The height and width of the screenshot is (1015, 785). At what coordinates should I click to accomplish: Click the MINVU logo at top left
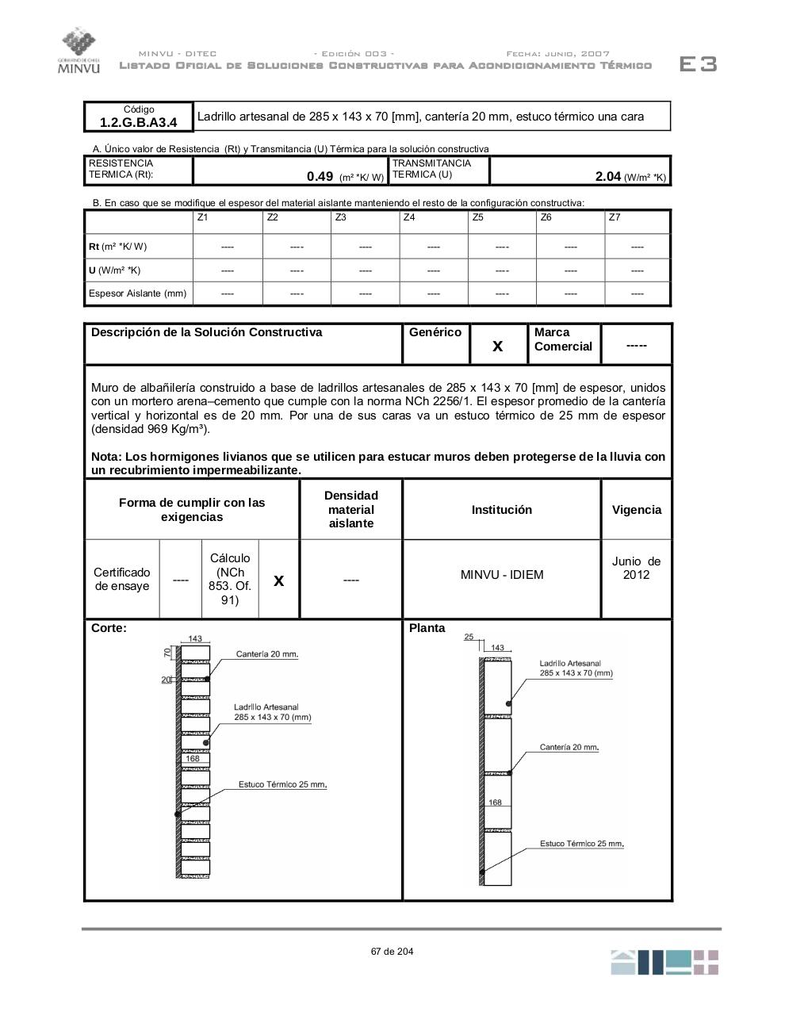[x=78, y=51]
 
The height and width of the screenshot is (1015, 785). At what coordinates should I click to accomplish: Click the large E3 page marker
[x=698, y=64]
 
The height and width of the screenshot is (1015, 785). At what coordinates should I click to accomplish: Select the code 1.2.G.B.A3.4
[x=138, y=122]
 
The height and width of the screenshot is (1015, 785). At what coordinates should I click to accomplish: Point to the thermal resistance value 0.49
[x=320, y=177]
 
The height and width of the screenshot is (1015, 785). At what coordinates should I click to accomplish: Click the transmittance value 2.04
[x=607, y=177]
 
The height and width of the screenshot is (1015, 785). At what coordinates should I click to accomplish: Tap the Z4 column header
[x=409, y=217]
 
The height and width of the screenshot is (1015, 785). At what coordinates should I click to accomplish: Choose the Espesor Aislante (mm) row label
[x=138, y=293]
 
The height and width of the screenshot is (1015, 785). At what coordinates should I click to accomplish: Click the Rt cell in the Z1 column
[x=228, y=247]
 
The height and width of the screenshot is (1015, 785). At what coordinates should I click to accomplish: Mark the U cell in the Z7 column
[x=637, y=270]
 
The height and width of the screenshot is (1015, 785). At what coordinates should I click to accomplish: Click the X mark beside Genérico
[x=498, y=346]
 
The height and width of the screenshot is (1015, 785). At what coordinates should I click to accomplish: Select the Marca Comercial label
[x=563, y=339]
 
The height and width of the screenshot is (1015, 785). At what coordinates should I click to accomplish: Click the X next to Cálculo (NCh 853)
[x=278, y=580]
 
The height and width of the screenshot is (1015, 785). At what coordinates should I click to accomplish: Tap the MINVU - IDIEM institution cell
[x=502, y=575]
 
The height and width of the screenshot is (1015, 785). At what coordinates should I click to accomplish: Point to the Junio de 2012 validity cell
[x=636, y=568]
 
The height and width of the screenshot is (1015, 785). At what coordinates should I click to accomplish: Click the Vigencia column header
[x=636, y=510]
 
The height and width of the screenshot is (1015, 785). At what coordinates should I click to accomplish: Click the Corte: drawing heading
[x=109, y=628]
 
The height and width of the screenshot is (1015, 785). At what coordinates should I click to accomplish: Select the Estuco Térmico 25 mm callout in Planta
[x=581, y=844]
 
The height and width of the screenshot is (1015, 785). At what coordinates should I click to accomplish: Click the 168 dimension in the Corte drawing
[x=193, y=759]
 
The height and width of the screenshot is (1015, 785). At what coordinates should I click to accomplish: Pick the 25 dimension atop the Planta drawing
[x=469, y=637]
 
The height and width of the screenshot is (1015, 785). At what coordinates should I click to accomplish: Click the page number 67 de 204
[x=392, y=952]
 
